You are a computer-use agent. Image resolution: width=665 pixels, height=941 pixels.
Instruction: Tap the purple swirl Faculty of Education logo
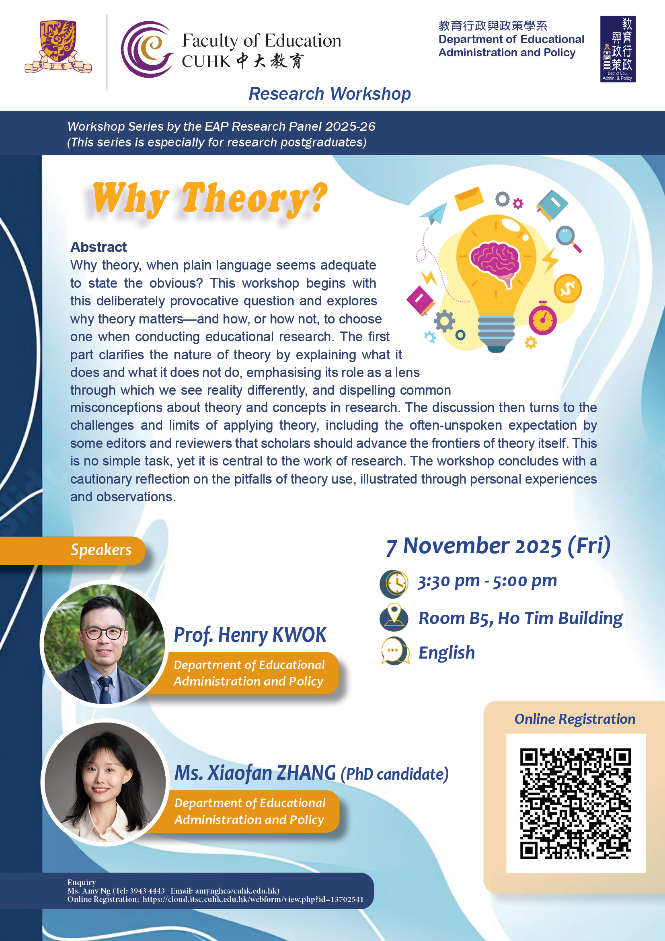147,49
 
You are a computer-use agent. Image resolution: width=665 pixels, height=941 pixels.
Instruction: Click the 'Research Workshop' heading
330,94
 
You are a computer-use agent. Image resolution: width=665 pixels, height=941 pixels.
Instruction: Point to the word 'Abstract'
98,247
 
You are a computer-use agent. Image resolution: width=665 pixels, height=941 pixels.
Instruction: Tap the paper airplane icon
433,213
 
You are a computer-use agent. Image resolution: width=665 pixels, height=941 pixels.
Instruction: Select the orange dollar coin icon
568,288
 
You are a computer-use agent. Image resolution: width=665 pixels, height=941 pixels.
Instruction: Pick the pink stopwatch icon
542,318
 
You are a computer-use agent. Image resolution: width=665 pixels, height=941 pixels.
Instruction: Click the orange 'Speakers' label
101,550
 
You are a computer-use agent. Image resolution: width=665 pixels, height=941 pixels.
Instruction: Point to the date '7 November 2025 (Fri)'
498,547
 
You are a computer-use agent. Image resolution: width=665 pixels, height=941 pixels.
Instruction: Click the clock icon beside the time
394,584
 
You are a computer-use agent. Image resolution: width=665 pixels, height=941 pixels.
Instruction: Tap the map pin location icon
394,617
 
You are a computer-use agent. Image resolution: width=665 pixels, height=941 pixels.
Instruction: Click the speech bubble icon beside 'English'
395,651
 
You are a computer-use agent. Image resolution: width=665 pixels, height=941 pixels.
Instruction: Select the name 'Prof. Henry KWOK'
250,635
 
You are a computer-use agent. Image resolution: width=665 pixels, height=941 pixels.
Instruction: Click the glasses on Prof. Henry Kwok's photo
105,634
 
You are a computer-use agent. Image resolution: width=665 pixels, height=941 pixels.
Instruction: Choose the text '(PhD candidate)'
395,774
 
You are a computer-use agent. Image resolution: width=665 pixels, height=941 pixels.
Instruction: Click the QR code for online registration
575,804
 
